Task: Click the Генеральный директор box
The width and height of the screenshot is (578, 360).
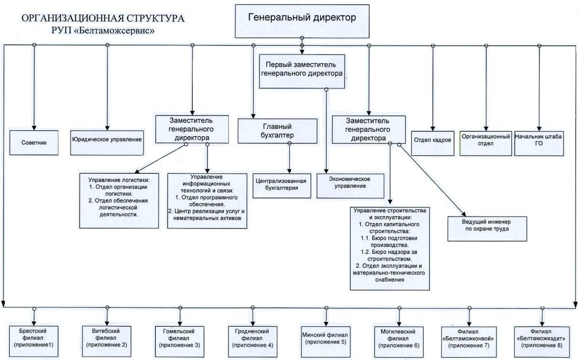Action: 302,20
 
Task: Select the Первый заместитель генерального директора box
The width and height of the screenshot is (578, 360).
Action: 302,71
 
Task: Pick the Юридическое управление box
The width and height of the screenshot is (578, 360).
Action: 107,140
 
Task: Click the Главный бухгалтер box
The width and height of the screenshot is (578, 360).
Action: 272,131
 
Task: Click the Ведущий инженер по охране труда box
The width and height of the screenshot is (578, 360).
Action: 487,227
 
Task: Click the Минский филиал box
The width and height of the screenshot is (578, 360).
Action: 324,338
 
